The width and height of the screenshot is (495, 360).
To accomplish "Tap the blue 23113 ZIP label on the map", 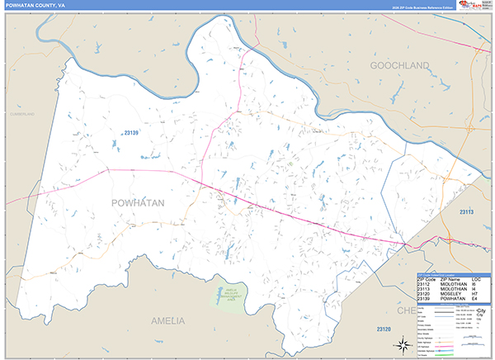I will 471,212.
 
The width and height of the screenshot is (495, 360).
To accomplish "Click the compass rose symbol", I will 403,343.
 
